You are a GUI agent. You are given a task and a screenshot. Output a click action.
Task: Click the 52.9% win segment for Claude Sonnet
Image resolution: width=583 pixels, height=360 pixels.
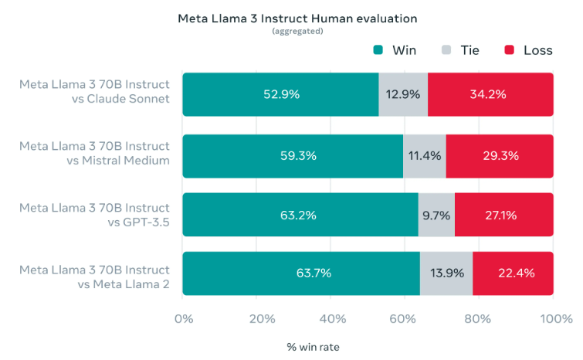280,94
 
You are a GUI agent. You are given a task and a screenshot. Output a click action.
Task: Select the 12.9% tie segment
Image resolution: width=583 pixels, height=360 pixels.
403,94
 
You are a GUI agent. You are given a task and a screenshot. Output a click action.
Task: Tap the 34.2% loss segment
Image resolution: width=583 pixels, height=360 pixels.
490,94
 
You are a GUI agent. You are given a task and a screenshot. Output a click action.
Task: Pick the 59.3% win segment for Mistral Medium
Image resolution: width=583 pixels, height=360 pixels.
293,155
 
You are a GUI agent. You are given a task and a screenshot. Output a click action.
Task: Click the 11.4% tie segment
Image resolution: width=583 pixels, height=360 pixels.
424,155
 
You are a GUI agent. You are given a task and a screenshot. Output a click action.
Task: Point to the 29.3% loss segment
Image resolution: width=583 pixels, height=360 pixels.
499,155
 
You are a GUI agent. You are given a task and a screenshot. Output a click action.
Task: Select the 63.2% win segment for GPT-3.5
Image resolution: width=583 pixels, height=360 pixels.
300,215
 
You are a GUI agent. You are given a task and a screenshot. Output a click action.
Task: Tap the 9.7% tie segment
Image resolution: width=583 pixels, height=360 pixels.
436,215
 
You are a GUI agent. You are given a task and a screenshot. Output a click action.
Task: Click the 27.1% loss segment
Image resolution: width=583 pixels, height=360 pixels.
503,215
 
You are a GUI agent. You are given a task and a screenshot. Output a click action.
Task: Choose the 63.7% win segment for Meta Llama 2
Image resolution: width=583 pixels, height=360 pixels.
301,273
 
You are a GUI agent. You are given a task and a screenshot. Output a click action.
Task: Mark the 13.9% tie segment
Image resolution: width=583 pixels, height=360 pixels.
446,273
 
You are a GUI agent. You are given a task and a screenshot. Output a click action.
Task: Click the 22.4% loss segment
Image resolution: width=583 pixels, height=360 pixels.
513,273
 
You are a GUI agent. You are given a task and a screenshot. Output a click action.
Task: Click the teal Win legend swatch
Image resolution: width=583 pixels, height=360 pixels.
378,50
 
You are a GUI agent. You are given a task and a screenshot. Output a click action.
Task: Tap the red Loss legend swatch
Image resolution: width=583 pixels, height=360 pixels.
509,50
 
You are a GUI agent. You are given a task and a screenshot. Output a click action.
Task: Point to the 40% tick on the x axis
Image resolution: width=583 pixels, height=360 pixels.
332,319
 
